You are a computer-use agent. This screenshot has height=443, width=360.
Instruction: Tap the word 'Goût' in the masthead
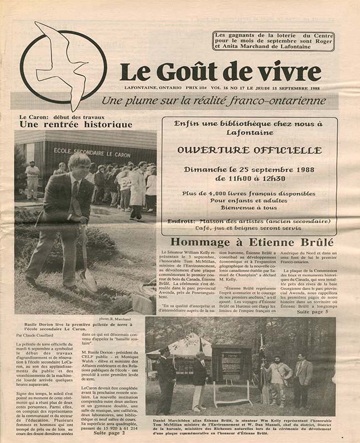[191, 70]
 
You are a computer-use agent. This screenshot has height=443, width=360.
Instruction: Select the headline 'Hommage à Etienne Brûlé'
[251, 242]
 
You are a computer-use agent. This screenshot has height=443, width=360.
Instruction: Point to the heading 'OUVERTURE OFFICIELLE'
[249, 150]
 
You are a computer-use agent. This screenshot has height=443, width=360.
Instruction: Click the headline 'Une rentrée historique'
[76, 125]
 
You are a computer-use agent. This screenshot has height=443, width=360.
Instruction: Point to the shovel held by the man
[86, 260]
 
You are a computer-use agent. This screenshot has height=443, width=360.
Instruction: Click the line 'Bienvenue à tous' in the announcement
[249, 209]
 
